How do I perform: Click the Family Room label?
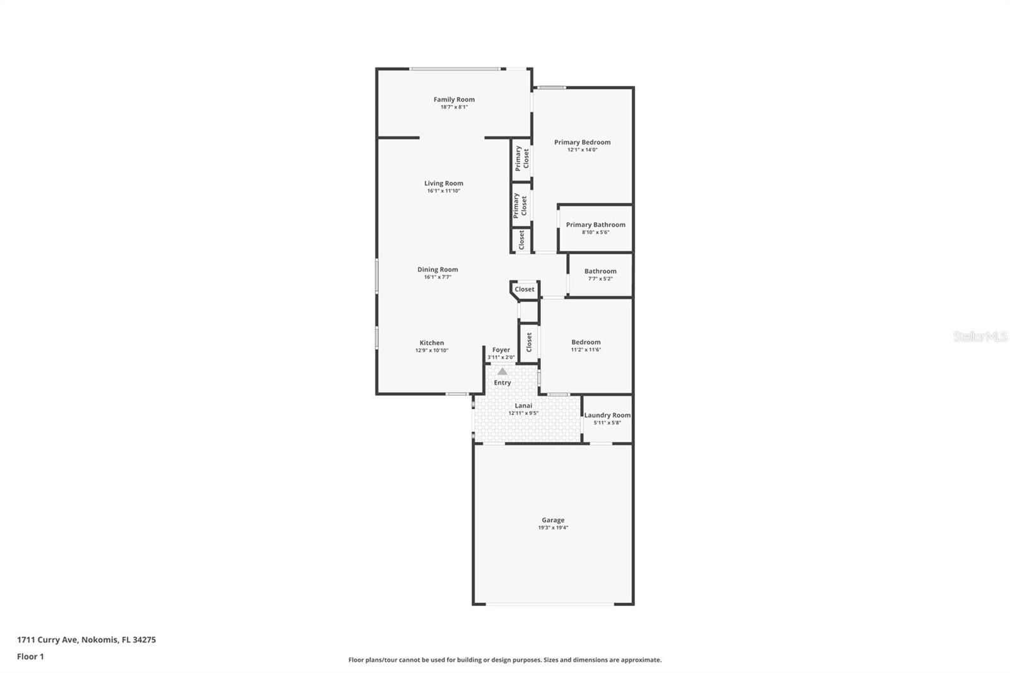[x=454, y=99]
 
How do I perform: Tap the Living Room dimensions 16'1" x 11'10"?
[x=444, y=191]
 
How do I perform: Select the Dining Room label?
[x=437, y=270]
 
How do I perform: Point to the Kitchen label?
[x=432, y=343]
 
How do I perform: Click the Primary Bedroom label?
[x=582, y=142]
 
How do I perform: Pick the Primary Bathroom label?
[x=595, y=225]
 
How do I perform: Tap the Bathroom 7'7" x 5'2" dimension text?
[x=600, y=278]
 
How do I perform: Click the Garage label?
[x=553, y=520]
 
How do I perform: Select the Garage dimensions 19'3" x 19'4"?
[x=553, y=528]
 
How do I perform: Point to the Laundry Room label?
[x=607, y=415]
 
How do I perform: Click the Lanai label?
[x=523, y=405]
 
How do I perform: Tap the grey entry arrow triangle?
[x=502, y=372]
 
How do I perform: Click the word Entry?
[x=502, y=383]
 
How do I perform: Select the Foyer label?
[x=501, y=350]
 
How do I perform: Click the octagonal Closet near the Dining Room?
[x=525, y=289]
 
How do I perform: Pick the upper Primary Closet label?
[x=521, y=158]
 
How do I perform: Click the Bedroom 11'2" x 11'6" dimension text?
[x=586, y=350]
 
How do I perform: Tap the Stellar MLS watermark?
[x=980, y=336]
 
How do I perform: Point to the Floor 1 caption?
[x=30, y=657]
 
